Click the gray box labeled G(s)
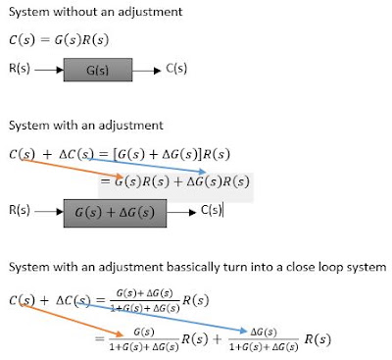pos(98,70)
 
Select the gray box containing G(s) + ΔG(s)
pos(115,213)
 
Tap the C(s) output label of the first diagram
pos(176,69)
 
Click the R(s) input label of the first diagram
pos(20,69)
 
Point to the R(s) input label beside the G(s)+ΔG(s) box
pos(20,210)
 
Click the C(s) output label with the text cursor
pos(212,210)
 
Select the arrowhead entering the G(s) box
pos(60,70)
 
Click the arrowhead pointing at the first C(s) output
pos(158,71)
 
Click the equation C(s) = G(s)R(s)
pos(59,40)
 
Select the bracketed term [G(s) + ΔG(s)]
pos(157,154)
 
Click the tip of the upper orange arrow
pos(122,178)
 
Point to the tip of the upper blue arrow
pos(207,172)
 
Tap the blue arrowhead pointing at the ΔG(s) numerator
pos(244,331)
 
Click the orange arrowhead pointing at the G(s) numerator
pos(120,334)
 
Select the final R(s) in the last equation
pos(318,339)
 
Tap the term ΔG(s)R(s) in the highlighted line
pos(218,181)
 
